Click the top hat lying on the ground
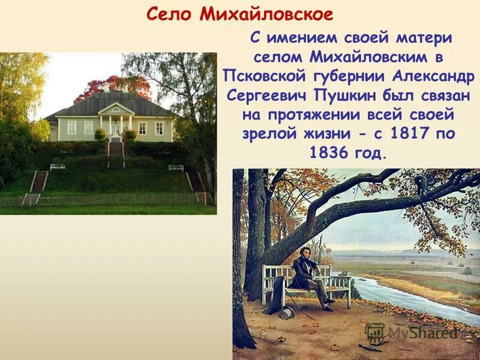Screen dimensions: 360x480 (287, 311)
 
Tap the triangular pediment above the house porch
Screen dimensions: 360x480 (116, 108)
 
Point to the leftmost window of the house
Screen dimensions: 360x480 (71, 127)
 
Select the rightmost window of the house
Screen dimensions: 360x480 (159, 128)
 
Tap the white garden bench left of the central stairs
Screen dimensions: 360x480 (58, 166)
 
